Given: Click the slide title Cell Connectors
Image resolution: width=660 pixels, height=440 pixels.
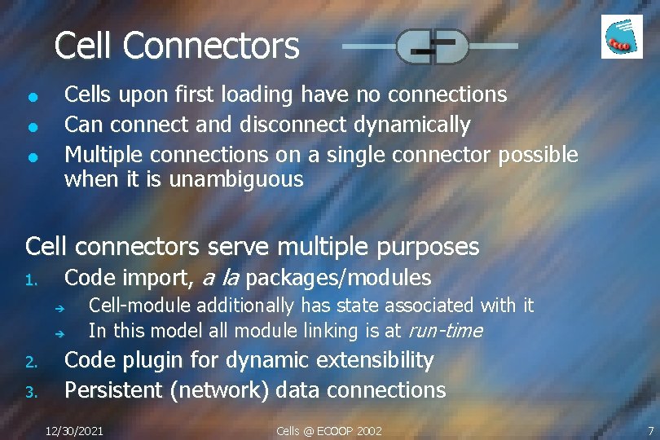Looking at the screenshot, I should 177,46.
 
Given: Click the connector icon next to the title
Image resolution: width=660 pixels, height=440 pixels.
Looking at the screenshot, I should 431,46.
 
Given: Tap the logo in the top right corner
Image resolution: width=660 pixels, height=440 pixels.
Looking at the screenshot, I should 622,37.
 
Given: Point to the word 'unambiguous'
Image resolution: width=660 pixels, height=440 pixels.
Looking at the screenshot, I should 236,179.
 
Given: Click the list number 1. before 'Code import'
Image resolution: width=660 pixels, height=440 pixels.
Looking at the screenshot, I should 31,281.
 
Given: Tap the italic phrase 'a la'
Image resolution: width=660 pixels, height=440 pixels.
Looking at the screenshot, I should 219,279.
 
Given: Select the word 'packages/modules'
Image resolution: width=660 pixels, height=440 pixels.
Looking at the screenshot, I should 338,279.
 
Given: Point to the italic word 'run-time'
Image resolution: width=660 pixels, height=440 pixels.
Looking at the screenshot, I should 445,331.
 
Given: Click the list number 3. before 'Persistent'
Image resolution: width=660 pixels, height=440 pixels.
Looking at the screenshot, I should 31,393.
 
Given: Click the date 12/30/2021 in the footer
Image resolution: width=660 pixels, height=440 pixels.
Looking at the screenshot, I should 75,430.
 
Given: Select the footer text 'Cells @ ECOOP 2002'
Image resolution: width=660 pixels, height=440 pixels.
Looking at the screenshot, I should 329,430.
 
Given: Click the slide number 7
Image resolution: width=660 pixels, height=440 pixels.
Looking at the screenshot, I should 650,430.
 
